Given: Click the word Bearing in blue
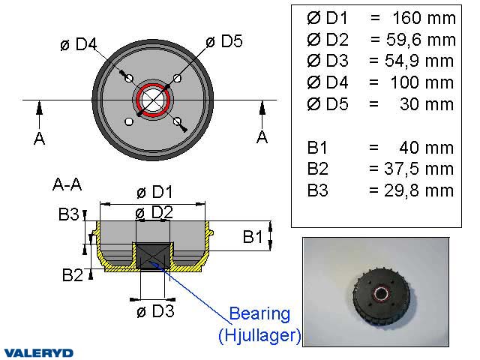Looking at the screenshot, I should click(x=259, y=313).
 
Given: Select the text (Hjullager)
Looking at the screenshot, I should click(x=259, y=335).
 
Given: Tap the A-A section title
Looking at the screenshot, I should click(x=69, y=182).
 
